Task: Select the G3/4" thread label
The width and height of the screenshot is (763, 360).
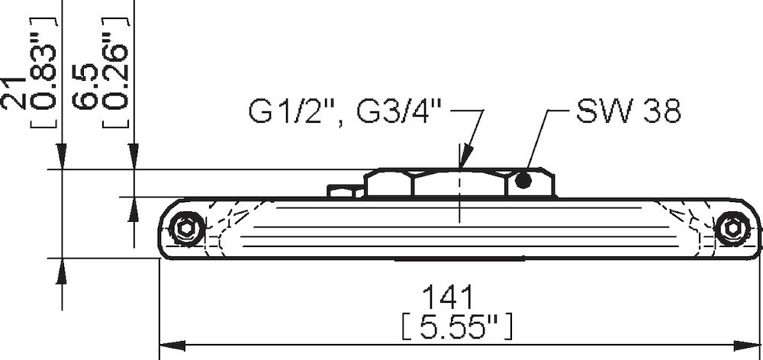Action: click(x=401, y=114)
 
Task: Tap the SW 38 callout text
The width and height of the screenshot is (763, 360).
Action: click(x=628, y=112)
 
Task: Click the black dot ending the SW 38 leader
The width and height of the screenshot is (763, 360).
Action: click(x=523, y=181)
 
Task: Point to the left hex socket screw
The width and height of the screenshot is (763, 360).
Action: click(x=185, y=229)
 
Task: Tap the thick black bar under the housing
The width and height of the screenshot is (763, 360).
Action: click(x=459, y=259)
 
